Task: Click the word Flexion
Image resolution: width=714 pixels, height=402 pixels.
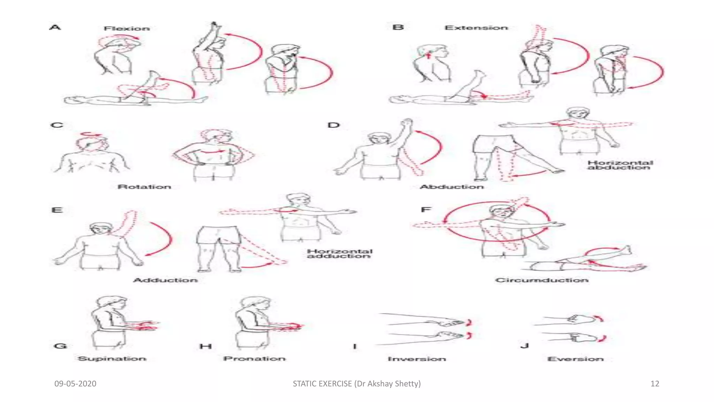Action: pos(127,29)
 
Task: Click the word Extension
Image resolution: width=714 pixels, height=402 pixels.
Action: pos(476,28)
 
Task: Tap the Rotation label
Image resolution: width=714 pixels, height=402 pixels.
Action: pos(144,187)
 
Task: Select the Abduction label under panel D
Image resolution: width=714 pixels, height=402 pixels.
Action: pos(451,187)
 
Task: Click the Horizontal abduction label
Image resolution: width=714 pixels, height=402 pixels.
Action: pos(620,165)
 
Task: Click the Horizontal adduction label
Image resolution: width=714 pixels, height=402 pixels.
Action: pos(340,254)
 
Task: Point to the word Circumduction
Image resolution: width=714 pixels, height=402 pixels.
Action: pos(542,280)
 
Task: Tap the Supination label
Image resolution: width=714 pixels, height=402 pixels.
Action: pos(112,359)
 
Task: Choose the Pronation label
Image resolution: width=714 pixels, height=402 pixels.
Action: pos(255,359)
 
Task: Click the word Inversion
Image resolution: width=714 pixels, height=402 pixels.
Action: pos(417,359)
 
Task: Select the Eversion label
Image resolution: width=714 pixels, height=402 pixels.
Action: pos(575,359)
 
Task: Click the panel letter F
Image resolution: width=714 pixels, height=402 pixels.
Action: pos(426,210)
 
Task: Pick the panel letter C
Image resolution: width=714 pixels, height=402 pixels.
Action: pos(57,125)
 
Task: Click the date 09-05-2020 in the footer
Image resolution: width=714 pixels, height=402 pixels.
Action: pos(75,384)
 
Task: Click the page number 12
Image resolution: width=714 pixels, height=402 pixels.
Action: pos(655,384)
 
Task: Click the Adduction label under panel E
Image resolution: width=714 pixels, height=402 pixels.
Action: pos(165,280)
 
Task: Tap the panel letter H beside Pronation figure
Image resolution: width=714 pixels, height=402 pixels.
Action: pos(206,346)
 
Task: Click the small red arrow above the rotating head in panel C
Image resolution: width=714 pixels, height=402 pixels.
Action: pos(91,134)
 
